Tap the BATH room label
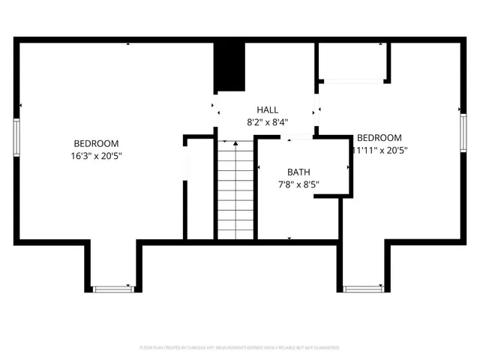coord(298,172)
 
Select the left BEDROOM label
coord(96,144)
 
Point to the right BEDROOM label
coord(379,138)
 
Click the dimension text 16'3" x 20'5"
coord(96,156)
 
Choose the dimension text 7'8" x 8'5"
coord(298,184)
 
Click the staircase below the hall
coord(235,189)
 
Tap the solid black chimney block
coord(230,66)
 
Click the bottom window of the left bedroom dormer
coord(112,288)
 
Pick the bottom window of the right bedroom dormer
coord(364,288)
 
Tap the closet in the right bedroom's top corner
coord(352,61)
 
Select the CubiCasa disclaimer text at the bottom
coord(239,348)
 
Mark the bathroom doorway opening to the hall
coord(296,136)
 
